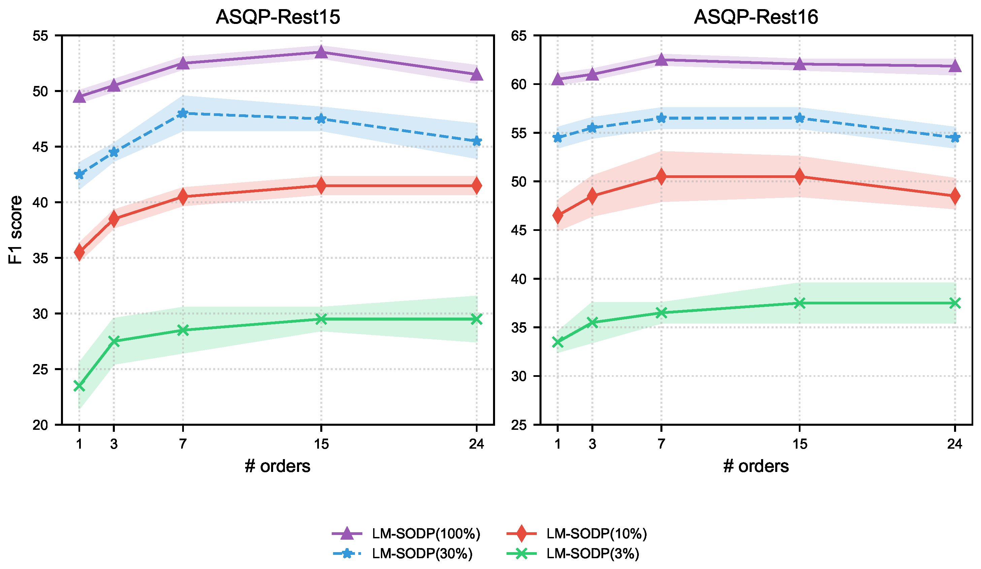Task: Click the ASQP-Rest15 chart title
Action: [x=278, y=17]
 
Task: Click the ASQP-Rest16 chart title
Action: [x=756, y=17]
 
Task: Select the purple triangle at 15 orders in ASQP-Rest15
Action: [x=321, y=52]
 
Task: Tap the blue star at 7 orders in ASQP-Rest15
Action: [x=183, y=113]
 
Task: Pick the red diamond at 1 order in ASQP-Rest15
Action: [x=79, y=252]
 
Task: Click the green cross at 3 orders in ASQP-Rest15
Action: [x=114, y=341]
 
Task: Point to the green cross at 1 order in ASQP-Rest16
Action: [x=557, y=342]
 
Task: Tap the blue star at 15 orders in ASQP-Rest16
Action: [x=799, y=118]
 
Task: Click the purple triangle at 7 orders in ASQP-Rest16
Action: [x=661, y=60]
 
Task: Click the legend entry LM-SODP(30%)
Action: [x=422, y=553]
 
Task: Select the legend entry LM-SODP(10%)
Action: [x=597, y=534]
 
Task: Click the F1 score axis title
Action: [x=15, y=230]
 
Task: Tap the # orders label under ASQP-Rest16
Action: [x=756, y=466]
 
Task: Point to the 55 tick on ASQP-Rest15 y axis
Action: [x=40, y=36]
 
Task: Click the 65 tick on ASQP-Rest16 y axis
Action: [x=519, y=36]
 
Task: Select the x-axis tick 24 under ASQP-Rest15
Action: [x=477, y=444]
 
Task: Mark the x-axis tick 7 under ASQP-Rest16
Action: [x=661, y=444]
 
